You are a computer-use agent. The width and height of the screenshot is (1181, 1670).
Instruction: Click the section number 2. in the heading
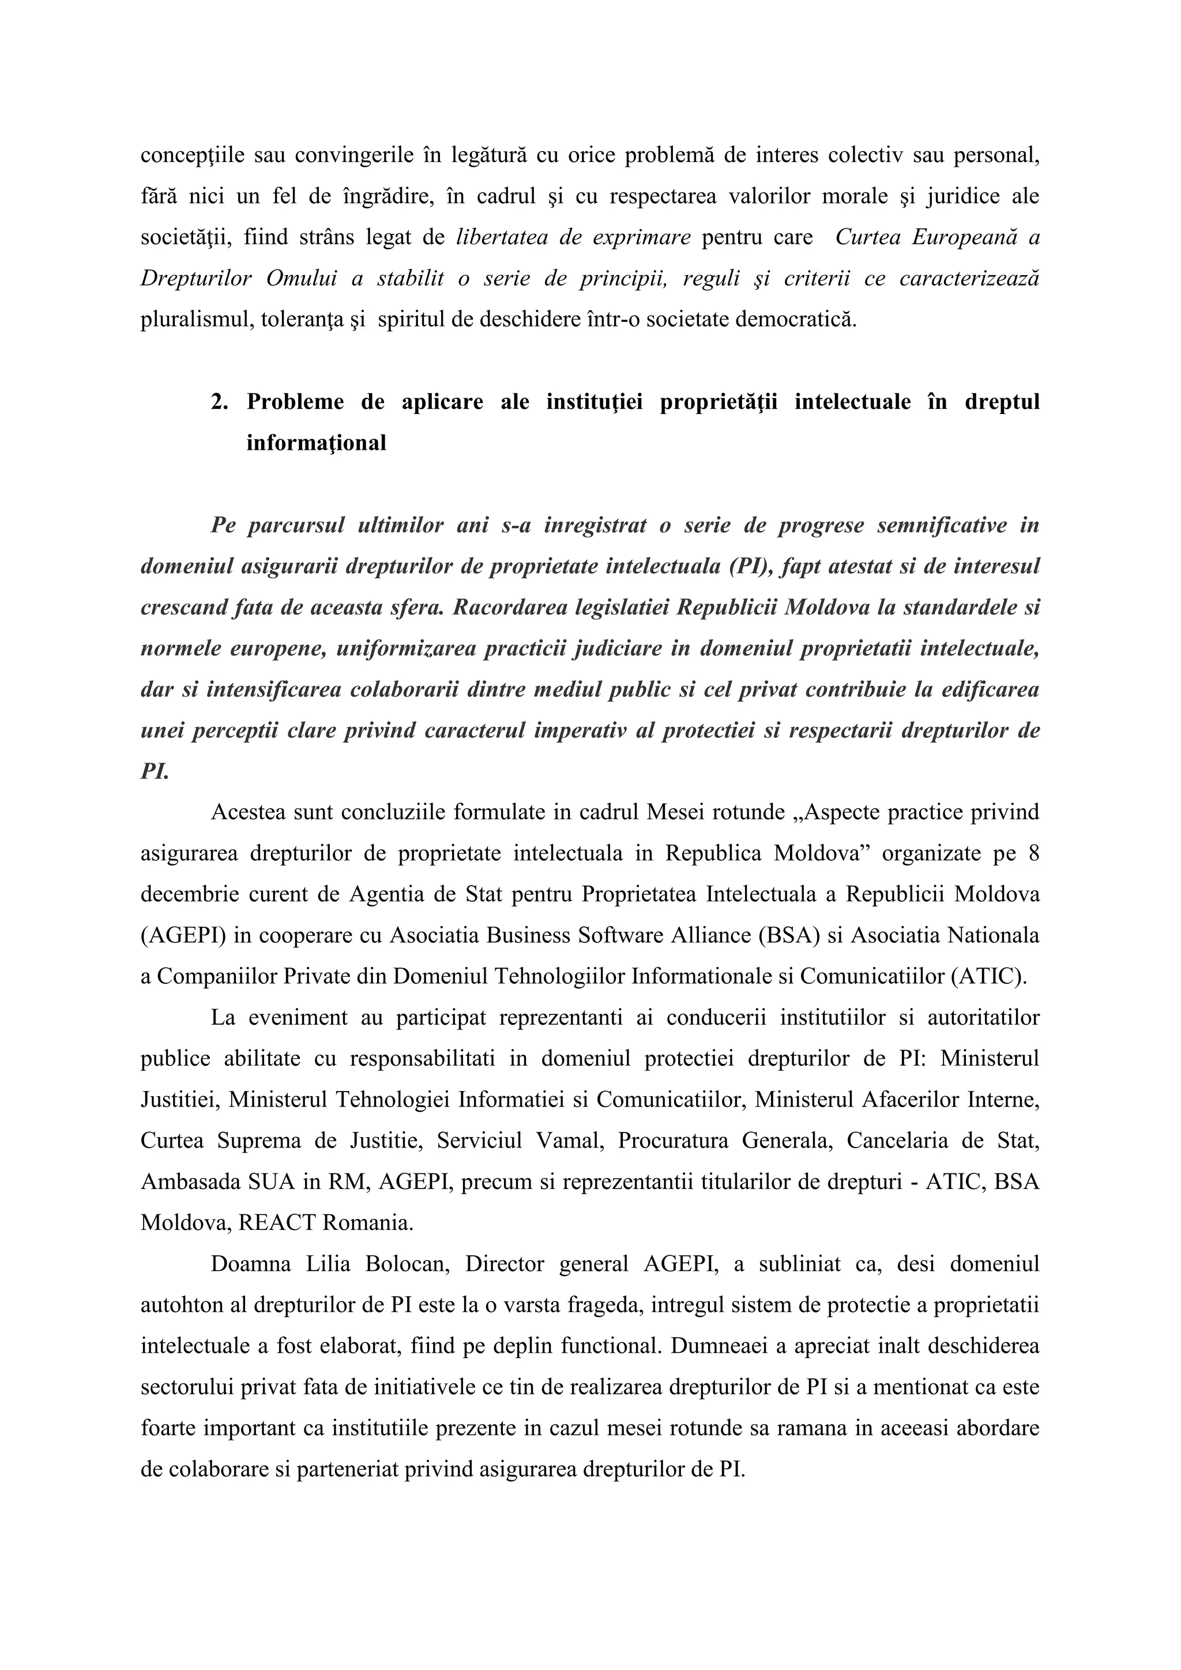point(219,403)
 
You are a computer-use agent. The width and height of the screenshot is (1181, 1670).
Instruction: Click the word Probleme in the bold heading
point(295,403)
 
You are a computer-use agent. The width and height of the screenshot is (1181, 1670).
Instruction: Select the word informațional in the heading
point(317,443)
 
